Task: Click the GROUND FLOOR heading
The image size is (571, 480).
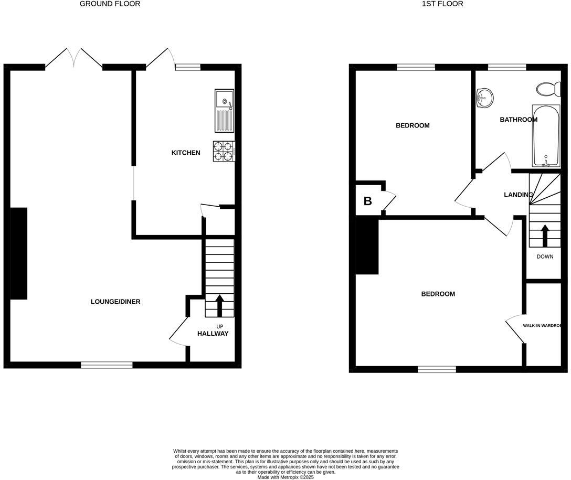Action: tap(110, 4)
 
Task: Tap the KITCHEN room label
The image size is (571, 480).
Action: tap(186, 153)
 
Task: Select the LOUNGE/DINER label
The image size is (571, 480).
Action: tap(115, 302)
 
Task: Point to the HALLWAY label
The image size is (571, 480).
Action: tap(213, 334)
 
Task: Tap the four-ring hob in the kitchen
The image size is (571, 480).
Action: tap(223, 151)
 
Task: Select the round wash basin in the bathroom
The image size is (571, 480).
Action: tap(484, 98)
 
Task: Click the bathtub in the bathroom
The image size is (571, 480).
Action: tap(546, 135)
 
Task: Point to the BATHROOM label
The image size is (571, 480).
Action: tap(518, 120)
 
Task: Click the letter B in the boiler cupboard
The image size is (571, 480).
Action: tap(368, 201)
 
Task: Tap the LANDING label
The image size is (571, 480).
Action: tap(518, 195)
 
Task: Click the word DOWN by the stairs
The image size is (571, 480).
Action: tap(545, 257)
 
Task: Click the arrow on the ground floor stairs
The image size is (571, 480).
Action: tap(219, 305)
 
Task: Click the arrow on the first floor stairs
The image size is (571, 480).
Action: tap(545, 236)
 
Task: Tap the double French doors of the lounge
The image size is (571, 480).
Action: tap(74, 58)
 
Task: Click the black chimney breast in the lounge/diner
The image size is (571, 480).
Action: tap(19, 253)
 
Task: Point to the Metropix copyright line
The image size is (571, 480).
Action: tap(285, 477)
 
